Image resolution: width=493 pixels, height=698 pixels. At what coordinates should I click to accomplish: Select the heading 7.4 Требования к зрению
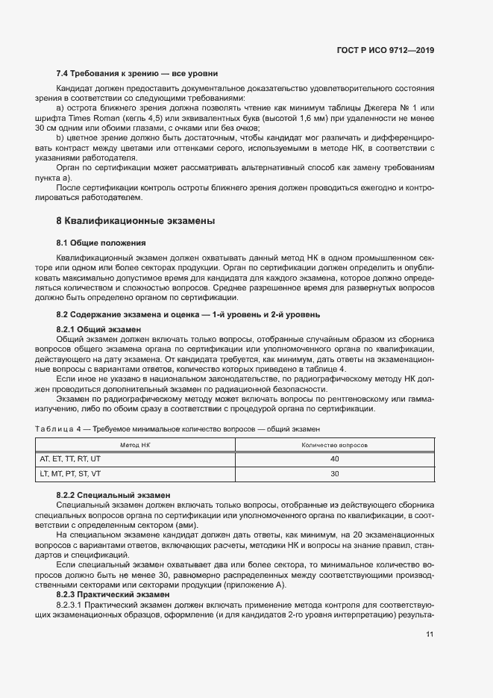click(137, 74)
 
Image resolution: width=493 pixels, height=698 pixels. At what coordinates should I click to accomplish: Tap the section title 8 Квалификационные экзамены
click(136, 221)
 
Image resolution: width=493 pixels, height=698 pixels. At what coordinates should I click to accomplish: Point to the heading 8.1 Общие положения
click(101, 243)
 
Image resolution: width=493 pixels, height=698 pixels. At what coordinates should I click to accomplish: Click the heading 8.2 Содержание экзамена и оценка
click(188, 315)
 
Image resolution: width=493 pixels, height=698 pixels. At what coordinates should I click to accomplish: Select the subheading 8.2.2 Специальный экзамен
click(113, 495)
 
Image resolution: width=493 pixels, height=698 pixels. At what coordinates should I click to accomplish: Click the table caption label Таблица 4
click(61, 429)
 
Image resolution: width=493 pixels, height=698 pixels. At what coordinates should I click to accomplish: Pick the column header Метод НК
click(135, 445)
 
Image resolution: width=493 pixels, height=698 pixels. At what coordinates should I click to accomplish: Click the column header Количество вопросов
click(334, 445)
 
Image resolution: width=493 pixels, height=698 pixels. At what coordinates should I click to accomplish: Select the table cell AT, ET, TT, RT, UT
click(70, 459)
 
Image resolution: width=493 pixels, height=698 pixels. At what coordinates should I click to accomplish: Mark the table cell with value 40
click(334, 459)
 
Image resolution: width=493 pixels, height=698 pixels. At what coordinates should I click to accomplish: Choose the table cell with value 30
click(334, 474)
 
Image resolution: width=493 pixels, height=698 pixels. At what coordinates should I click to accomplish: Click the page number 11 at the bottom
click(430, 635)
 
